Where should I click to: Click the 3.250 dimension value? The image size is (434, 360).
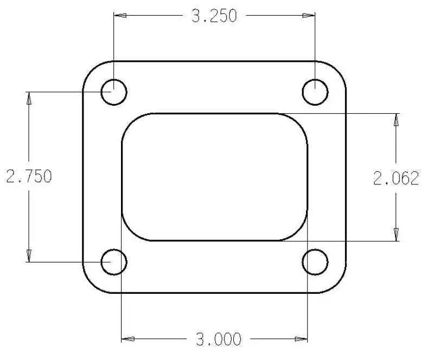click(214, 16)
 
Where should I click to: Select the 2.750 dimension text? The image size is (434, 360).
click(29, 177)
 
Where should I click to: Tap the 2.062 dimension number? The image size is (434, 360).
click(396, 178)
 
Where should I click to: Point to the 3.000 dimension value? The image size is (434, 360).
click(218, 339)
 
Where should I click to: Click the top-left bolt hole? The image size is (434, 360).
click(114, 92)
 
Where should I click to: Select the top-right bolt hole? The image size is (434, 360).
click(315, 92)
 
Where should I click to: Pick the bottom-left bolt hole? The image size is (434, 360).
click(114, 262)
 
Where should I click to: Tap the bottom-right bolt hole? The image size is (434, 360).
click(315, 262)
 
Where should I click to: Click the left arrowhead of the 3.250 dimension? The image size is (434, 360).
click(120, 16)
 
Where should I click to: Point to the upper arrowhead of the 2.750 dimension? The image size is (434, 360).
click(29, 99)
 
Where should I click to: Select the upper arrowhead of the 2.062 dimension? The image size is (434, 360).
click(396, 120)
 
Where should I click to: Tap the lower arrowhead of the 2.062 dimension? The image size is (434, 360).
click(396, 234)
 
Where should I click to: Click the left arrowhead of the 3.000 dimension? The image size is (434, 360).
click(128, 339)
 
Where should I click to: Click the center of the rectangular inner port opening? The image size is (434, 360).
click(215, 177)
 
